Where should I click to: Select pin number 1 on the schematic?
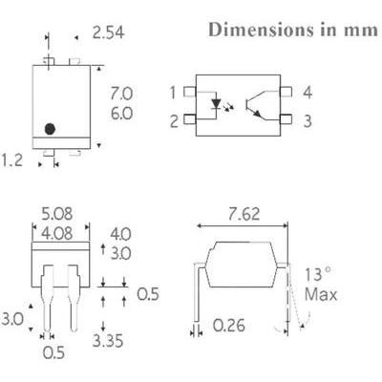click(x=174, y=93)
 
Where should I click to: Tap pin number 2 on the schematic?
click(x=174, y=120)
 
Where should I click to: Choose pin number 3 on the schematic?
click(x=308, y=120)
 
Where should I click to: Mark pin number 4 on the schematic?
click(x=308, y=93)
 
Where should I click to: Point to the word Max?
click(x=321, y=296)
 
